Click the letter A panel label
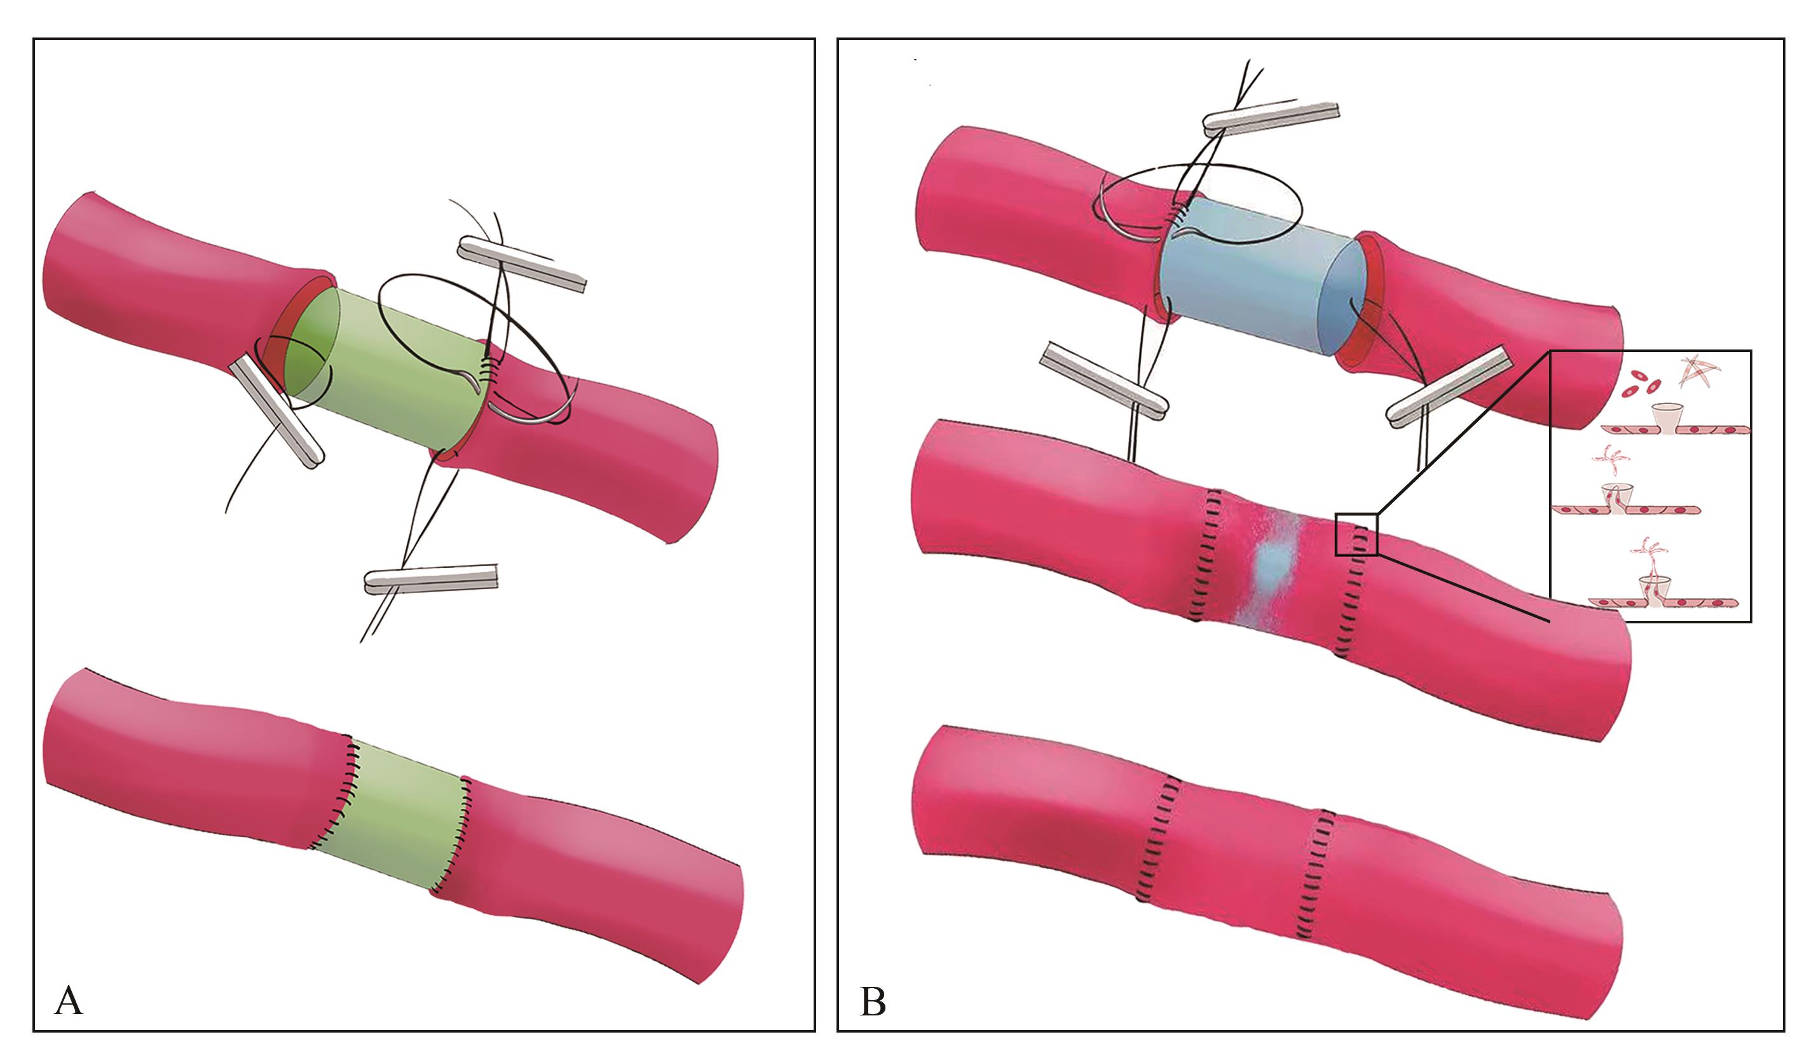click(68, 1000)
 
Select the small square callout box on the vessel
click(1356, 534)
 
